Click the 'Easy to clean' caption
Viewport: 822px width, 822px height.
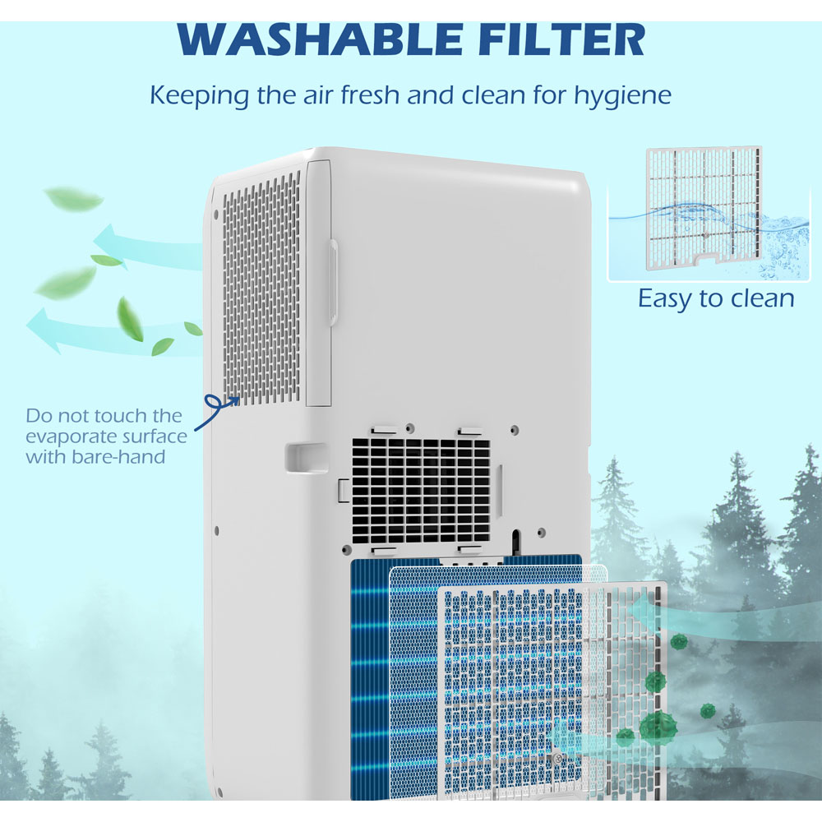pyautogui.click(x=716, y=298)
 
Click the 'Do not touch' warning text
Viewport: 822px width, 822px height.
pyautogui.click(x=103, y=436)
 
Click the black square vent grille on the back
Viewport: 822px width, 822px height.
pyautogui.click(x=421, y=490)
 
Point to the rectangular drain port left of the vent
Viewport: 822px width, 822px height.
pyautogui.click(x=306, y=458)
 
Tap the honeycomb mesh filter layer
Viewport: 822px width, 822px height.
pyautogui.click(x=415, y=682)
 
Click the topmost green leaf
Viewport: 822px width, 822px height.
pyautogui.click(x=74, y=199)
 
